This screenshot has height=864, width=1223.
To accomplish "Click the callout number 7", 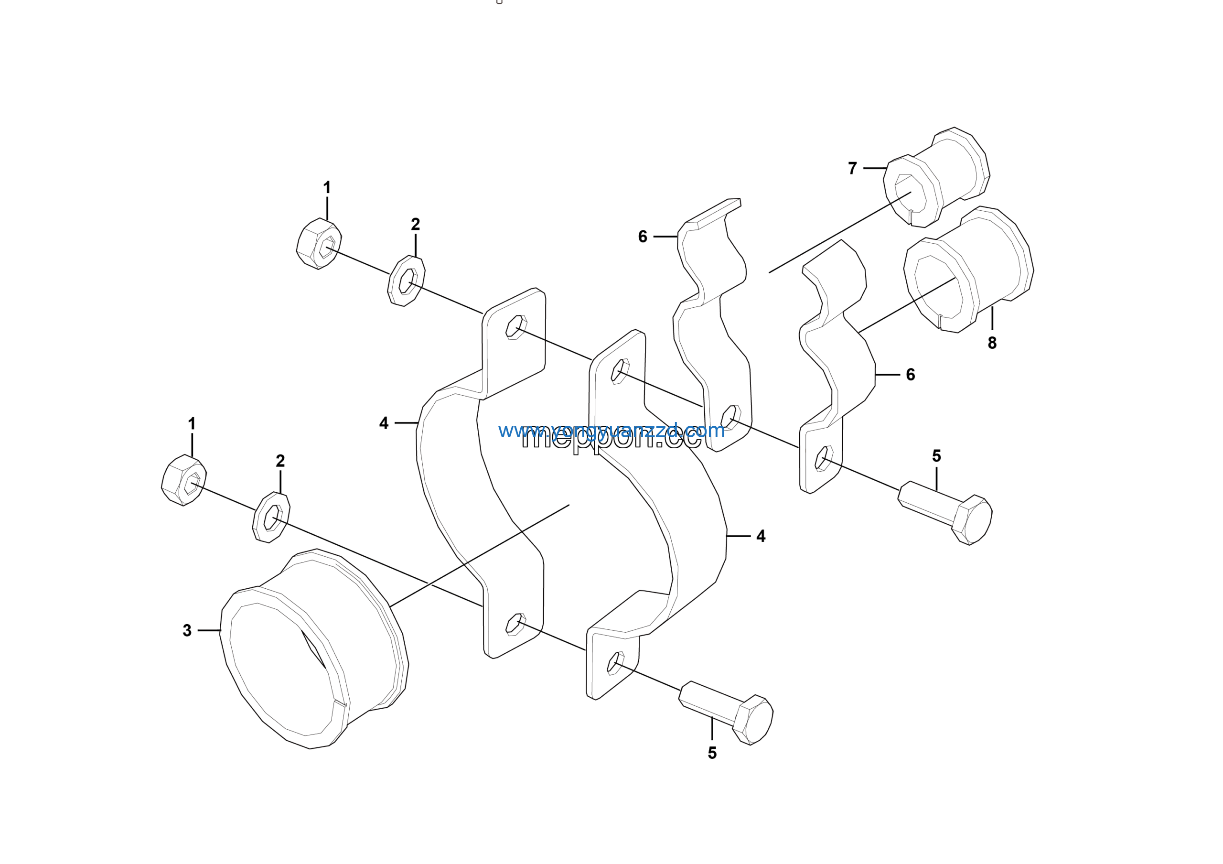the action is [852, 168].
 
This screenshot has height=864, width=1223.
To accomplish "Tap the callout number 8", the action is [992, 343].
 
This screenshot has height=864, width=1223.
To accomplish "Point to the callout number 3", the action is [187, 631].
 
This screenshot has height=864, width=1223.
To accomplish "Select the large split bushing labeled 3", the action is [314, 650].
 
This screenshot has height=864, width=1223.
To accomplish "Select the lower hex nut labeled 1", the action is [184, 480].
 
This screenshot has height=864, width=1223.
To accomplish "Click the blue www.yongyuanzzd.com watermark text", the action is [611, 431].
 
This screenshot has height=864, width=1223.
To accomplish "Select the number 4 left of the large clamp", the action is [384, 423].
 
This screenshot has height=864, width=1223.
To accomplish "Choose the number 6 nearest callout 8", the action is [911, 375].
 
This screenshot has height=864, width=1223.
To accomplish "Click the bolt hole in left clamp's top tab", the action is [516, 327].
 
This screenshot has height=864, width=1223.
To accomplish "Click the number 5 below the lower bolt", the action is [712, 753].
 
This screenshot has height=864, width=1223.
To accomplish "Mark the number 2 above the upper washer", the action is [416, 224].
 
